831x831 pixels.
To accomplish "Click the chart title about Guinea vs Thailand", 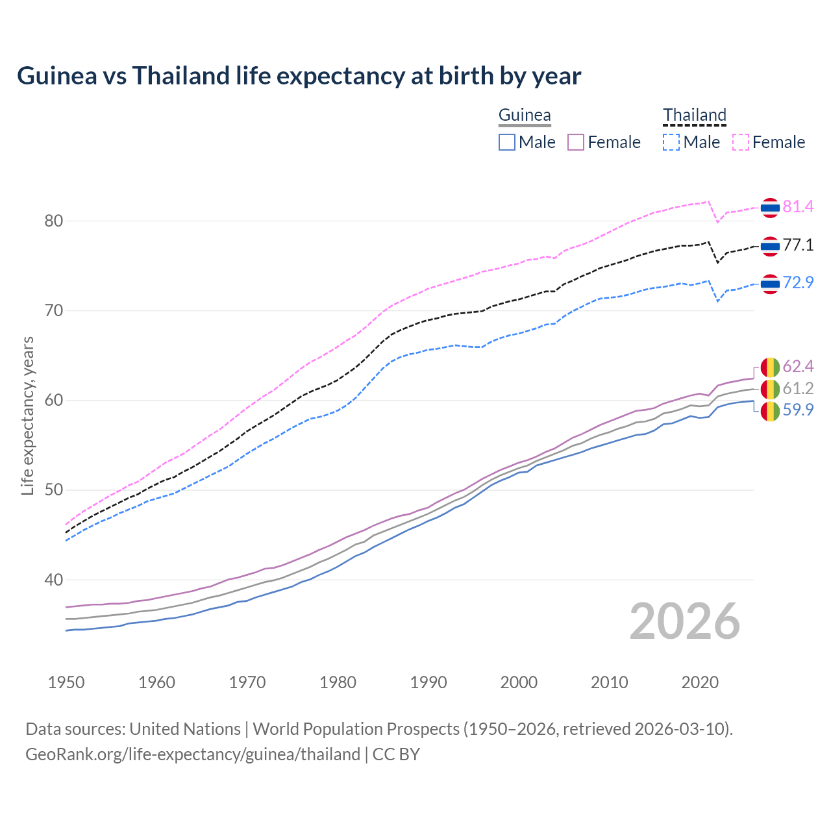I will [299, 76].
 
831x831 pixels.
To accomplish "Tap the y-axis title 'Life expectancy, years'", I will [27, 415].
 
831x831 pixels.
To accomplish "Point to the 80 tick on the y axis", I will [53, 221].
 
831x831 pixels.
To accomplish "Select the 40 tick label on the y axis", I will [53, 580].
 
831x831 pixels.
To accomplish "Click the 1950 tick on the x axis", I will [66, 682].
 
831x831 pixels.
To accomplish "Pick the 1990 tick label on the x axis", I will [428, 682].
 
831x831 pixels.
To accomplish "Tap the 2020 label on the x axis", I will [700, 682].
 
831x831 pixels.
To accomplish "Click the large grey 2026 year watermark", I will [685, 621].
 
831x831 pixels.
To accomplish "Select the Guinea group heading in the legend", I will [525, 116].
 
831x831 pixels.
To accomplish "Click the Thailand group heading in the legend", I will [694, 116].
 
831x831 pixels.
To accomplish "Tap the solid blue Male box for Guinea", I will [507, 142].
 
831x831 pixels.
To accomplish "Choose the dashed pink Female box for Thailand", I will [741, 142].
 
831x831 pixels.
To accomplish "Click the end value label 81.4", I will [798, 206].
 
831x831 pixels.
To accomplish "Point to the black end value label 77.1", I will [798, 245].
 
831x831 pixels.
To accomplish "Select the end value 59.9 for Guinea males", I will [798, 410].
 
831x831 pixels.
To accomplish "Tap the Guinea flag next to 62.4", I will [770, 367].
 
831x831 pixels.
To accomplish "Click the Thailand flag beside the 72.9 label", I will [770, 284].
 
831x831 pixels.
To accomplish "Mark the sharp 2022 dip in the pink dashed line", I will [717, 222].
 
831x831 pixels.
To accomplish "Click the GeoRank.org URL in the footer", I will [193, 754].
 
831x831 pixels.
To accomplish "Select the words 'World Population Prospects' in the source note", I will [356, 729].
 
